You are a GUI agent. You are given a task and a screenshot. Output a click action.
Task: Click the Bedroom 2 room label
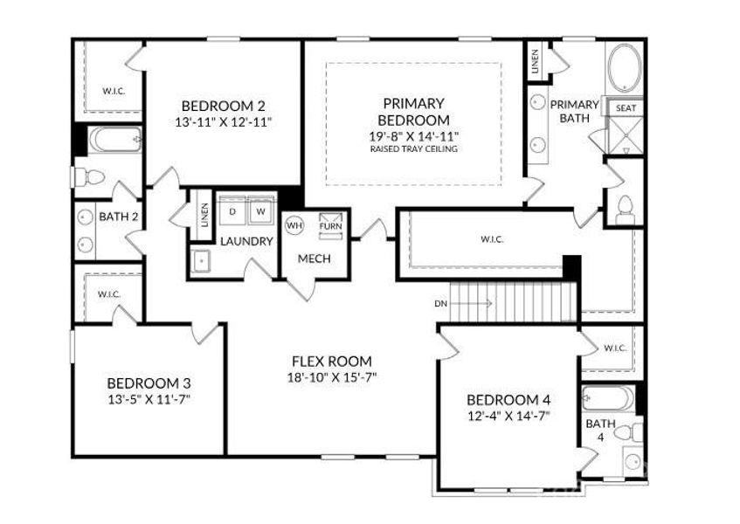224,105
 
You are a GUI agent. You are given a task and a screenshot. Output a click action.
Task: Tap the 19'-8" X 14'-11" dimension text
414,136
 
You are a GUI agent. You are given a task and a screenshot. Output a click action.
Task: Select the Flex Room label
332,362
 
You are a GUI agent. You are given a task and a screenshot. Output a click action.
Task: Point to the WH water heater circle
294,225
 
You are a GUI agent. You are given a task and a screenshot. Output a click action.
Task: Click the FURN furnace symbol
331,226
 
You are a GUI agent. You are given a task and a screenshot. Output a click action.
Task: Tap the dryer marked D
232,211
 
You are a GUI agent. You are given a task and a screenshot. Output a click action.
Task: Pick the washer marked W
260,211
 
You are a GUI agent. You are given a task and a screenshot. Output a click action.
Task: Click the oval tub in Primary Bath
625,68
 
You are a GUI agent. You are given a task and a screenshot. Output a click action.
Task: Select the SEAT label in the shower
626,108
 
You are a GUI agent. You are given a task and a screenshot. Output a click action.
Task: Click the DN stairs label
441,304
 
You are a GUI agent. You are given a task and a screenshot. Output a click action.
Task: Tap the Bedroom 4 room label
508,400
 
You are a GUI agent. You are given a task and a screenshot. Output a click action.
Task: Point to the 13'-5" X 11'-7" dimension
149,399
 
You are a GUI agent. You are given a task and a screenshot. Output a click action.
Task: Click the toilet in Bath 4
628,432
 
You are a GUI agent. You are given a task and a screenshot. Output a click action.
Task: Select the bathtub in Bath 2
115,139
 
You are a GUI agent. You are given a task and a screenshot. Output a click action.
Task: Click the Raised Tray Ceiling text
414,149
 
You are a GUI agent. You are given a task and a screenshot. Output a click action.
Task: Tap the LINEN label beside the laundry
204,215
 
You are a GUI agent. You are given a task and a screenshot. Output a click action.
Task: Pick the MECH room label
315,259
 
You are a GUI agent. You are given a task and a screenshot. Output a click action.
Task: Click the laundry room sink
201,260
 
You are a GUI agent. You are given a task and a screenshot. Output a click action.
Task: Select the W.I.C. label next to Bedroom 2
114,91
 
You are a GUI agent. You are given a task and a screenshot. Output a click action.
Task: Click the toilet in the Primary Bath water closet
626,210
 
